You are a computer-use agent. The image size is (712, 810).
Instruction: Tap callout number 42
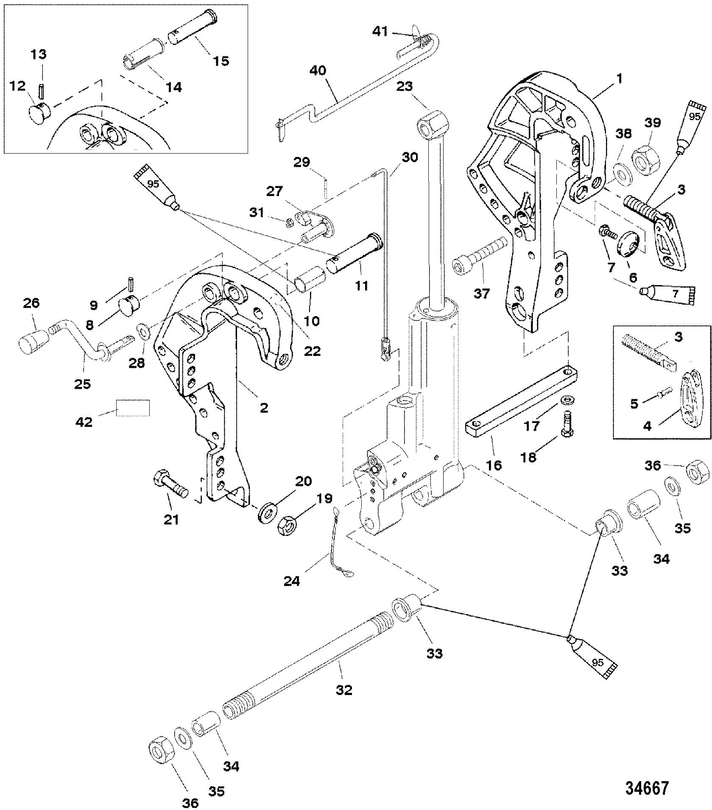click(84, 422)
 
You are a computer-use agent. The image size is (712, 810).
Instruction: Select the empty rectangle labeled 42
click(133, 408)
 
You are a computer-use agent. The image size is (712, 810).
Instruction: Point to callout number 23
click(405, 87)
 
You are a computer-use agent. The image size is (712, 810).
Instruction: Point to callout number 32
click(344, 690)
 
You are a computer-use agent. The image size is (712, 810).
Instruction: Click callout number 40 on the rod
click(318, 70)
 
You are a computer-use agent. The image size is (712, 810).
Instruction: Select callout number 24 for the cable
click(291, 580)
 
